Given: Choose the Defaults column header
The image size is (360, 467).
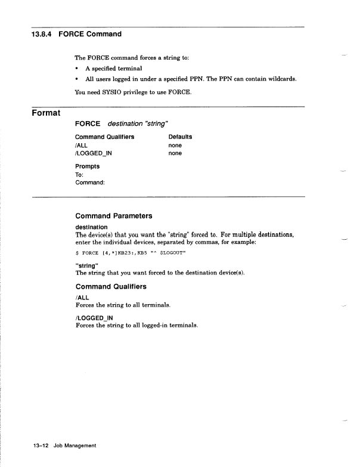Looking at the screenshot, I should click(x=180, y=137).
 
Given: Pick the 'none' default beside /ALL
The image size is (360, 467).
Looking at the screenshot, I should click(x=175, y=145).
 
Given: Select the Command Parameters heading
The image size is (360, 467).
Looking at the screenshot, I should click(x=114, y=216).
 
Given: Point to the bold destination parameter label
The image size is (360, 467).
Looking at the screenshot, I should click(x=92, y=227).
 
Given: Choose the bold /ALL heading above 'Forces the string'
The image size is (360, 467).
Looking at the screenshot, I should click(x=82, y=297).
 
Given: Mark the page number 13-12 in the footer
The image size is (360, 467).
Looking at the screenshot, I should click(x=42, y=446).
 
